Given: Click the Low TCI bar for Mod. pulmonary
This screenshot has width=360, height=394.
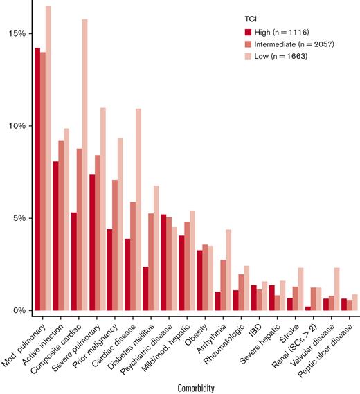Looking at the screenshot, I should pos(48,159).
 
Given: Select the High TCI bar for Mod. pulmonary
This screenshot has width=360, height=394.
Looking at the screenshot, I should pos(37,180).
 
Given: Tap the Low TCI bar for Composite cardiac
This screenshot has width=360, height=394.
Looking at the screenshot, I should pos(104,166).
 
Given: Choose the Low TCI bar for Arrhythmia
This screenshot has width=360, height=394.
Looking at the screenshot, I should pos(228,271).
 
